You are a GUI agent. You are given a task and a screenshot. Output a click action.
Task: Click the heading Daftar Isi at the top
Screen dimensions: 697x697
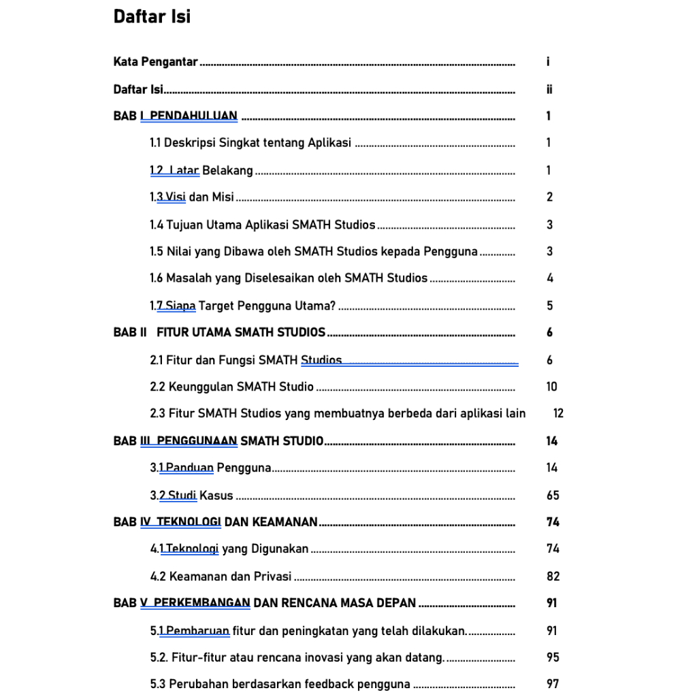[x=152, y=16]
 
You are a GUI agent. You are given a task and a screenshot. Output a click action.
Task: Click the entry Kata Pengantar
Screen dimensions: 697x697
[x=155, y=62]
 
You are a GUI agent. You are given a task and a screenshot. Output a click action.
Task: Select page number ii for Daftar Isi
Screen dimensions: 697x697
[x=549, y=89]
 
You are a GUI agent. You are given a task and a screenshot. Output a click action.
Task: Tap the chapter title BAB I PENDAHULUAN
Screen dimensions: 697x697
[x=176, y=116]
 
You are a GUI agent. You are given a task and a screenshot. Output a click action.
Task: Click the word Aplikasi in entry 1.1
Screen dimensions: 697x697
[x=329, y=143]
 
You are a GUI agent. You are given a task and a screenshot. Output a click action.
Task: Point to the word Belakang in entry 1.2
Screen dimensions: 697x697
[x=227, y=170]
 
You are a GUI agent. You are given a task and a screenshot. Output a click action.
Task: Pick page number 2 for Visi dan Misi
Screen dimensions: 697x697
[x=549, y=197]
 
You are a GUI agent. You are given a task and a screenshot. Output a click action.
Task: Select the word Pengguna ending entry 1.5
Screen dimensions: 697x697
[x=451, y=252]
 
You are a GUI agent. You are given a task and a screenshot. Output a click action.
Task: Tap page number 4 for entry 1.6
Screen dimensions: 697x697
[x=549, y=278]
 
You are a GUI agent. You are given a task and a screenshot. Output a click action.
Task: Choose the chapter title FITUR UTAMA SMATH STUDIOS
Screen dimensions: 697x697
[x=241, y=333]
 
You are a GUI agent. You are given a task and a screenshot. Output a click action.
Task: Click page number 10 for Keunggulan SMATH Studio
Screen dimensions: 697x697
[x=551, y=387]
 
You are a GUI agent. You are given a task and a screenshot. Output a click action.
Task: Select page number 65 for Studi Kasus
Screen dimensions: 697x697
[x=552, y=495]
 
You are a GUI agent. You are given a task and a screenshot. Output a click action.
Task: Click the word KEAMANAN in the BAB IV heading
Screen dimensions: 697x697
[x=285, y=522]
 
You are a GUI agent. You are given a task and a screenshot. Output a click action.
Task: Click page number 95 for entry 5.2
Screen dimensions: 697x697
[x=552, y=658]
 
